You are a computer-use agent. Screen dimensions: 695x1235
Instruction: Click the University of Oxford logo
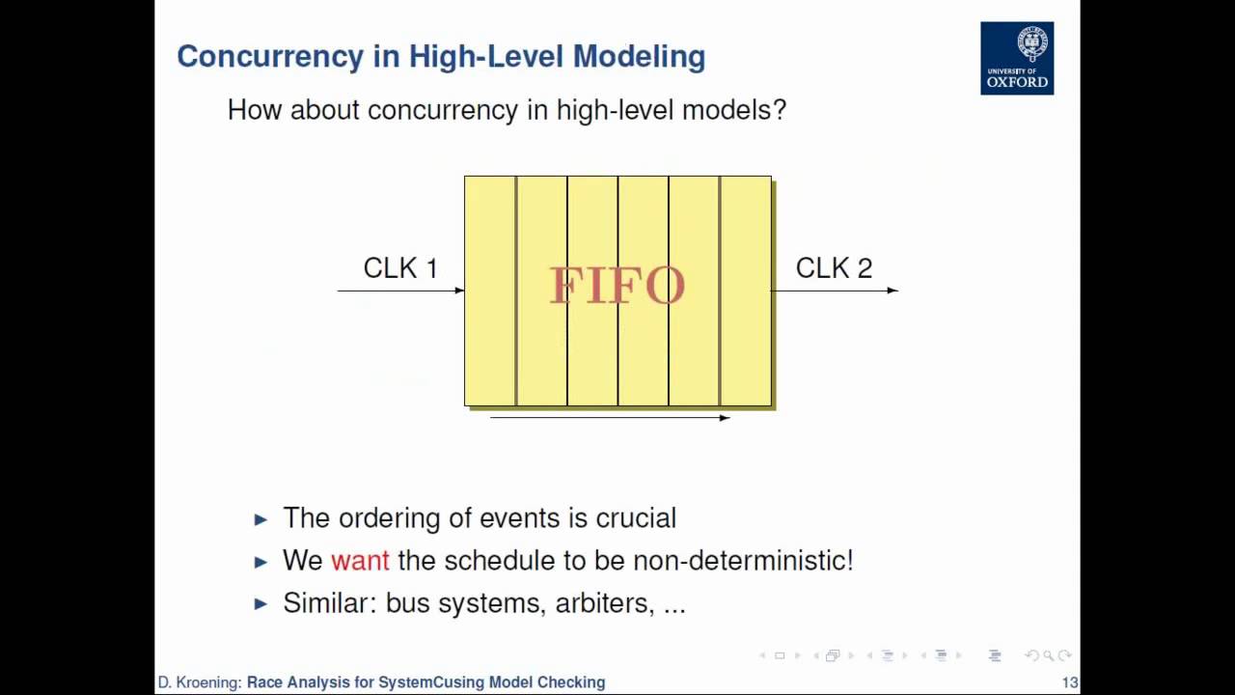[x=1017, y=58]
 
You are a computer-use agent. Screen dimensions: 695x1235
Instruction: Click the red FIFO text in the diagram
[x=617, y=286]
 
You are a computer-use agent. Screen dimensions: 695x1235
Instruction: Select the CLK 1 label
[x=400, y=268]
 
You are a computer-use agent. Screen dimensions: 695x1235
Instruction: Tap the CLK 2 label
[x=834, y=268]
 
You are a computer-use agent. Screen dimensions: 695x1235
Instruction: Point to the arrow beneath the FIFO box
[x=610, y=417]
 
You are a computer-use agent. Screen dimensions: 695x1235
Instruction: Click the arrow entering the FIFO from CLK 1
[x=400, y=290]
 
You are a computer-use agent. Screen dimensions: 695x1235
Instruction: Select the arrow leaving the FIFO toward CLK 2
[x=836, y=290]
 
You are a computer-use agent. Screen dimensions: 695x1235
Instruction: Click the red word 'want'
[x=360, y=561]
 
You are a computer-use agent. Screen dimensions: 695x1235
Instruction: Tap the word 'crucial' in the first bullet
[x=636, y=518]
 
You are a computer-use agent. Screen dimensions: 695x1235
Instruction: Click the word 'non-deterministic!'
[x=742, y=561]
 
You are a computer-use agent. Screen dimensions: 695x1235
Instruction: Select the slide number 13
[x=1069, y=682]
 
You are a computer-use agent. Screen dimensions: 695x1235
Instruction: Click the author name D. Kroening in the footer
[x=200, y=682]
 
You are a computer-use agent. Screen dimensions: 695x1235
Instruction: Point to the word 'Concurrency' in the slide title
[x=270, y=56]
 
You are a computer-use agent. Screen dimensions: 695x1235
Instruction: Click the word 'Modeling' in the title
[x=639, y=56]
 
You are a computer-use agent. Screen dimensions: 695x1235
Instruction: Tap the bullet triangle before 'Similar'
[x=261, y=604]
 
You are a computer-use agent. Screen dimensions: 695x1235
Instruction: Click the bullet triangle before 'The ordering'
[x=261, y=519]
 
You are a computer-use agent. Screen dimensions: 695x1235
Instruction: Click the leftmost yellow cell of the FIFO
[x=490, y=290]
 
